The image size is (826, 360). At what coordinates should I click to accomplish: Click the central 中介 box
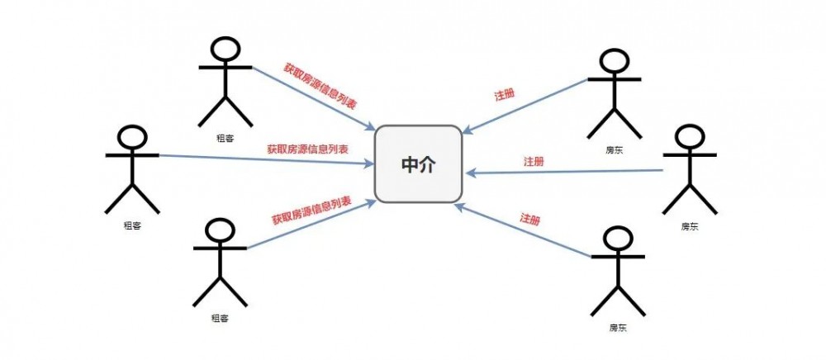point(418,164)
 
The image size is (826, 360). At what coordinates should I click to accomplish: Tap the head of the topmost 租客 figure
point(225,49)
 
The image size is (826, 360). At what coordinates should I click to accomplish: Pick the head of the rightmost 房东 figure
point(689,138)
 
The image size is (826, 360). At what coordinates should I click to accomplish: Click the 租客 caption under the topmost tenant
point(225,139)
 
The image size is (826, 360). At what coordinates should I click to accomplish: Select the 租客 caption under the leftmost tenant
point(131,225)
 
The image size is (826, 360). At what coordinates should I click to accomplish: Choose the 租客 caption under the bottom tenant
point(220,318)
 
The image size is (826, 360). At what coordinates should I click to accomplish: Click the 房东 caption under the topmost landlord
point(614,151)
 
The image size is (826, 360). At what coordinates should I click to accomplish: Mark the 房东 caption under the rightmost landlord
point(689,226)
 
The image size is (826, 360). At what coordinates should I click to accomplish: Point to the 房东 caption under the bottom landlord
point(619,328)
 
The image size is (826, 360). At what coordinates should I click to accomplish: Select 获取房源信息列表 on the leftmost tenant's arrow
point(307,149)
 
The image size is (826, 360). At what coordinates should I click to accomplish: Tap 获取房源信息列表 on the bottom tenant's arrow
point(311,211)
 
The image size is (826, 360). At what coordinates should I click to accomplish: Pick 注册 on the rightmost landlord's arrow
point(534,161)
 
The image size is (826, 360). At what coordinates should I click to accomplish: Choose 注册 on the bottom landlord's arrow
point(530,219)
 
